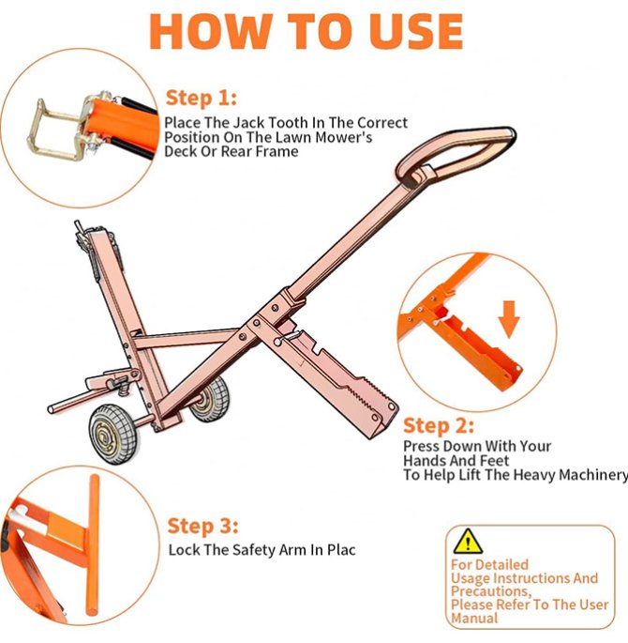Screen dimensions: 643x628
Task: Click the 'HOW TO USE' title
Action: click(307, 30)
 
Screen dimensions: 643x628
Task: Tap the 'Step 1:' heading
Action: click(202, 99)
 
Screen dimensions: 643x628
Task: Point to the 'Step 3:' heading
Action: click(203, 526)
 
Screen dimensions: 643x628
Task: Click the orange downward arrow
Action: click(508, 319)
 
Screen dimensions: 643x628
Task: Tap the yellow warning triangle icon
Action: click(466, 541)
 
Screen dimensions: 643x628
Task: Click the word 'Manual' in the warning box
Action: click(474, 619)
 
